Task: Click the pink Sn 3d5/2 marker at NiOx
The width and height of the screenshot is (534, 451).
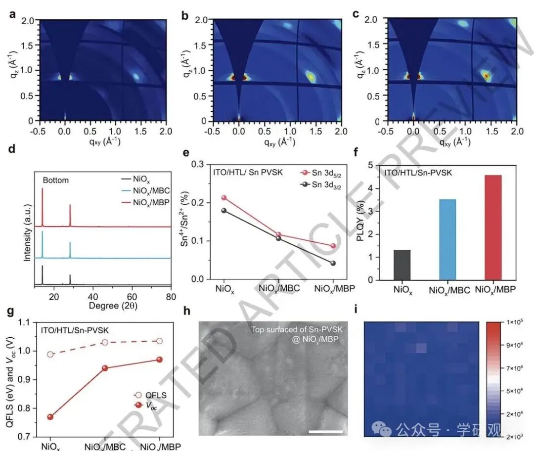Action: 224,198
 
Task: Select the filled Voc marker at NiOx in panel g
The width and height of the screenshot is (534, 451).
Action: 50,417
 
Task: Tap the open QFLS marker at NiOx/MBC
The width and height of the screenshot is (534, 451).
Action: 105,342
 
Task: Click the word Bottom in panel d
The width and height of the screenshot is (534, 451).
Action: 55,180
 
